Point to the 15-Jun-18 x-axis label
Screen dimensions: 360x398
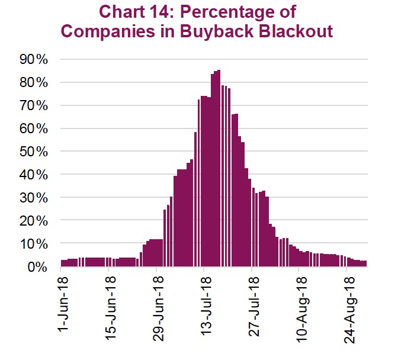tap(109, 305)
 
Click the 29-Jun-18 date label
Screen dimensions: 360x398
tap(157, 305)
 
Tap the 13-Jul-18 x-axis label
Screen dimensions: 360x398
tap(204, 304)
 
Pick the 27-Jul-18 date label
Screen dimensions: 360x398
tap(252, 304)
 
